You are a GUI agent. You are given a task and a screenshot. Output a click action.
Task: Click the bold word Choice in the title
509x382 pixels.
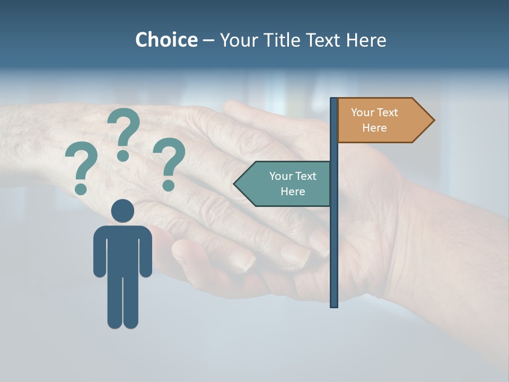tap(166, 40)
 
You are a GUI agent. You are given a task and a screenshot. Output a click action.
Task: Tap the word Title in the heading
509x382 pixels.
tap(283, 40)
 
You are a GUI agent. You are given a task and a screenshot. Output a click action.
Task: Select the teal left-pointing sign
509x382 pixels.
tap(286, 184)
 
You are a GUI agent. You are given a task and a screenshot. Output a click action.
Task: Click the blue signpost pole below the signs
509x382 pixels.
tap(334, 255)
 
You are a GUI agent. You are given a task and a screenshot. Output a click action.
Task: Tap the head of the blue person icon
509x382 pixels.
tap(122, 211)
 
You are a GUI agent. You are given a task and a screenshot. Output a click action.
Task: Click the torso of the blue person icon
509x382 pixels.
tap(122, 249)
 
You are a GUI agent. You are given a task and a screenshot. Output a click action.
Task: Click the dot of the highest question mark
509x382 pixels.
tap(123, 155)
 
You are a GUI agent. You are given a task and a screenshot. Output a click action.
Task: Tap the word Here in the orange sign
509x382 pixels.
tap(374, 128)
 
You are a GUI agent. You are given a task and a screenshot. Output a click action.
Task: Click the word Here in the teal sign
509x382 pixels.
tap(293, 192)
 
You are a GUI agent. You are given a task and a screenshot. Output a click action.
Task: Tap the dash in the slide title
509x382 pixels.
tap(208, 40)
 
